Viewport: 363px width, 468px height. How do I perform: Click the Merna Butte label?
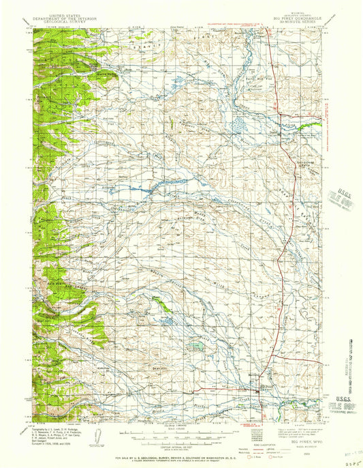point(104,75)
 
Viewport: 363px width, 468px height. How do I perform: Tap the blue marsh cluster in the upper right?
point(240,125)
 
